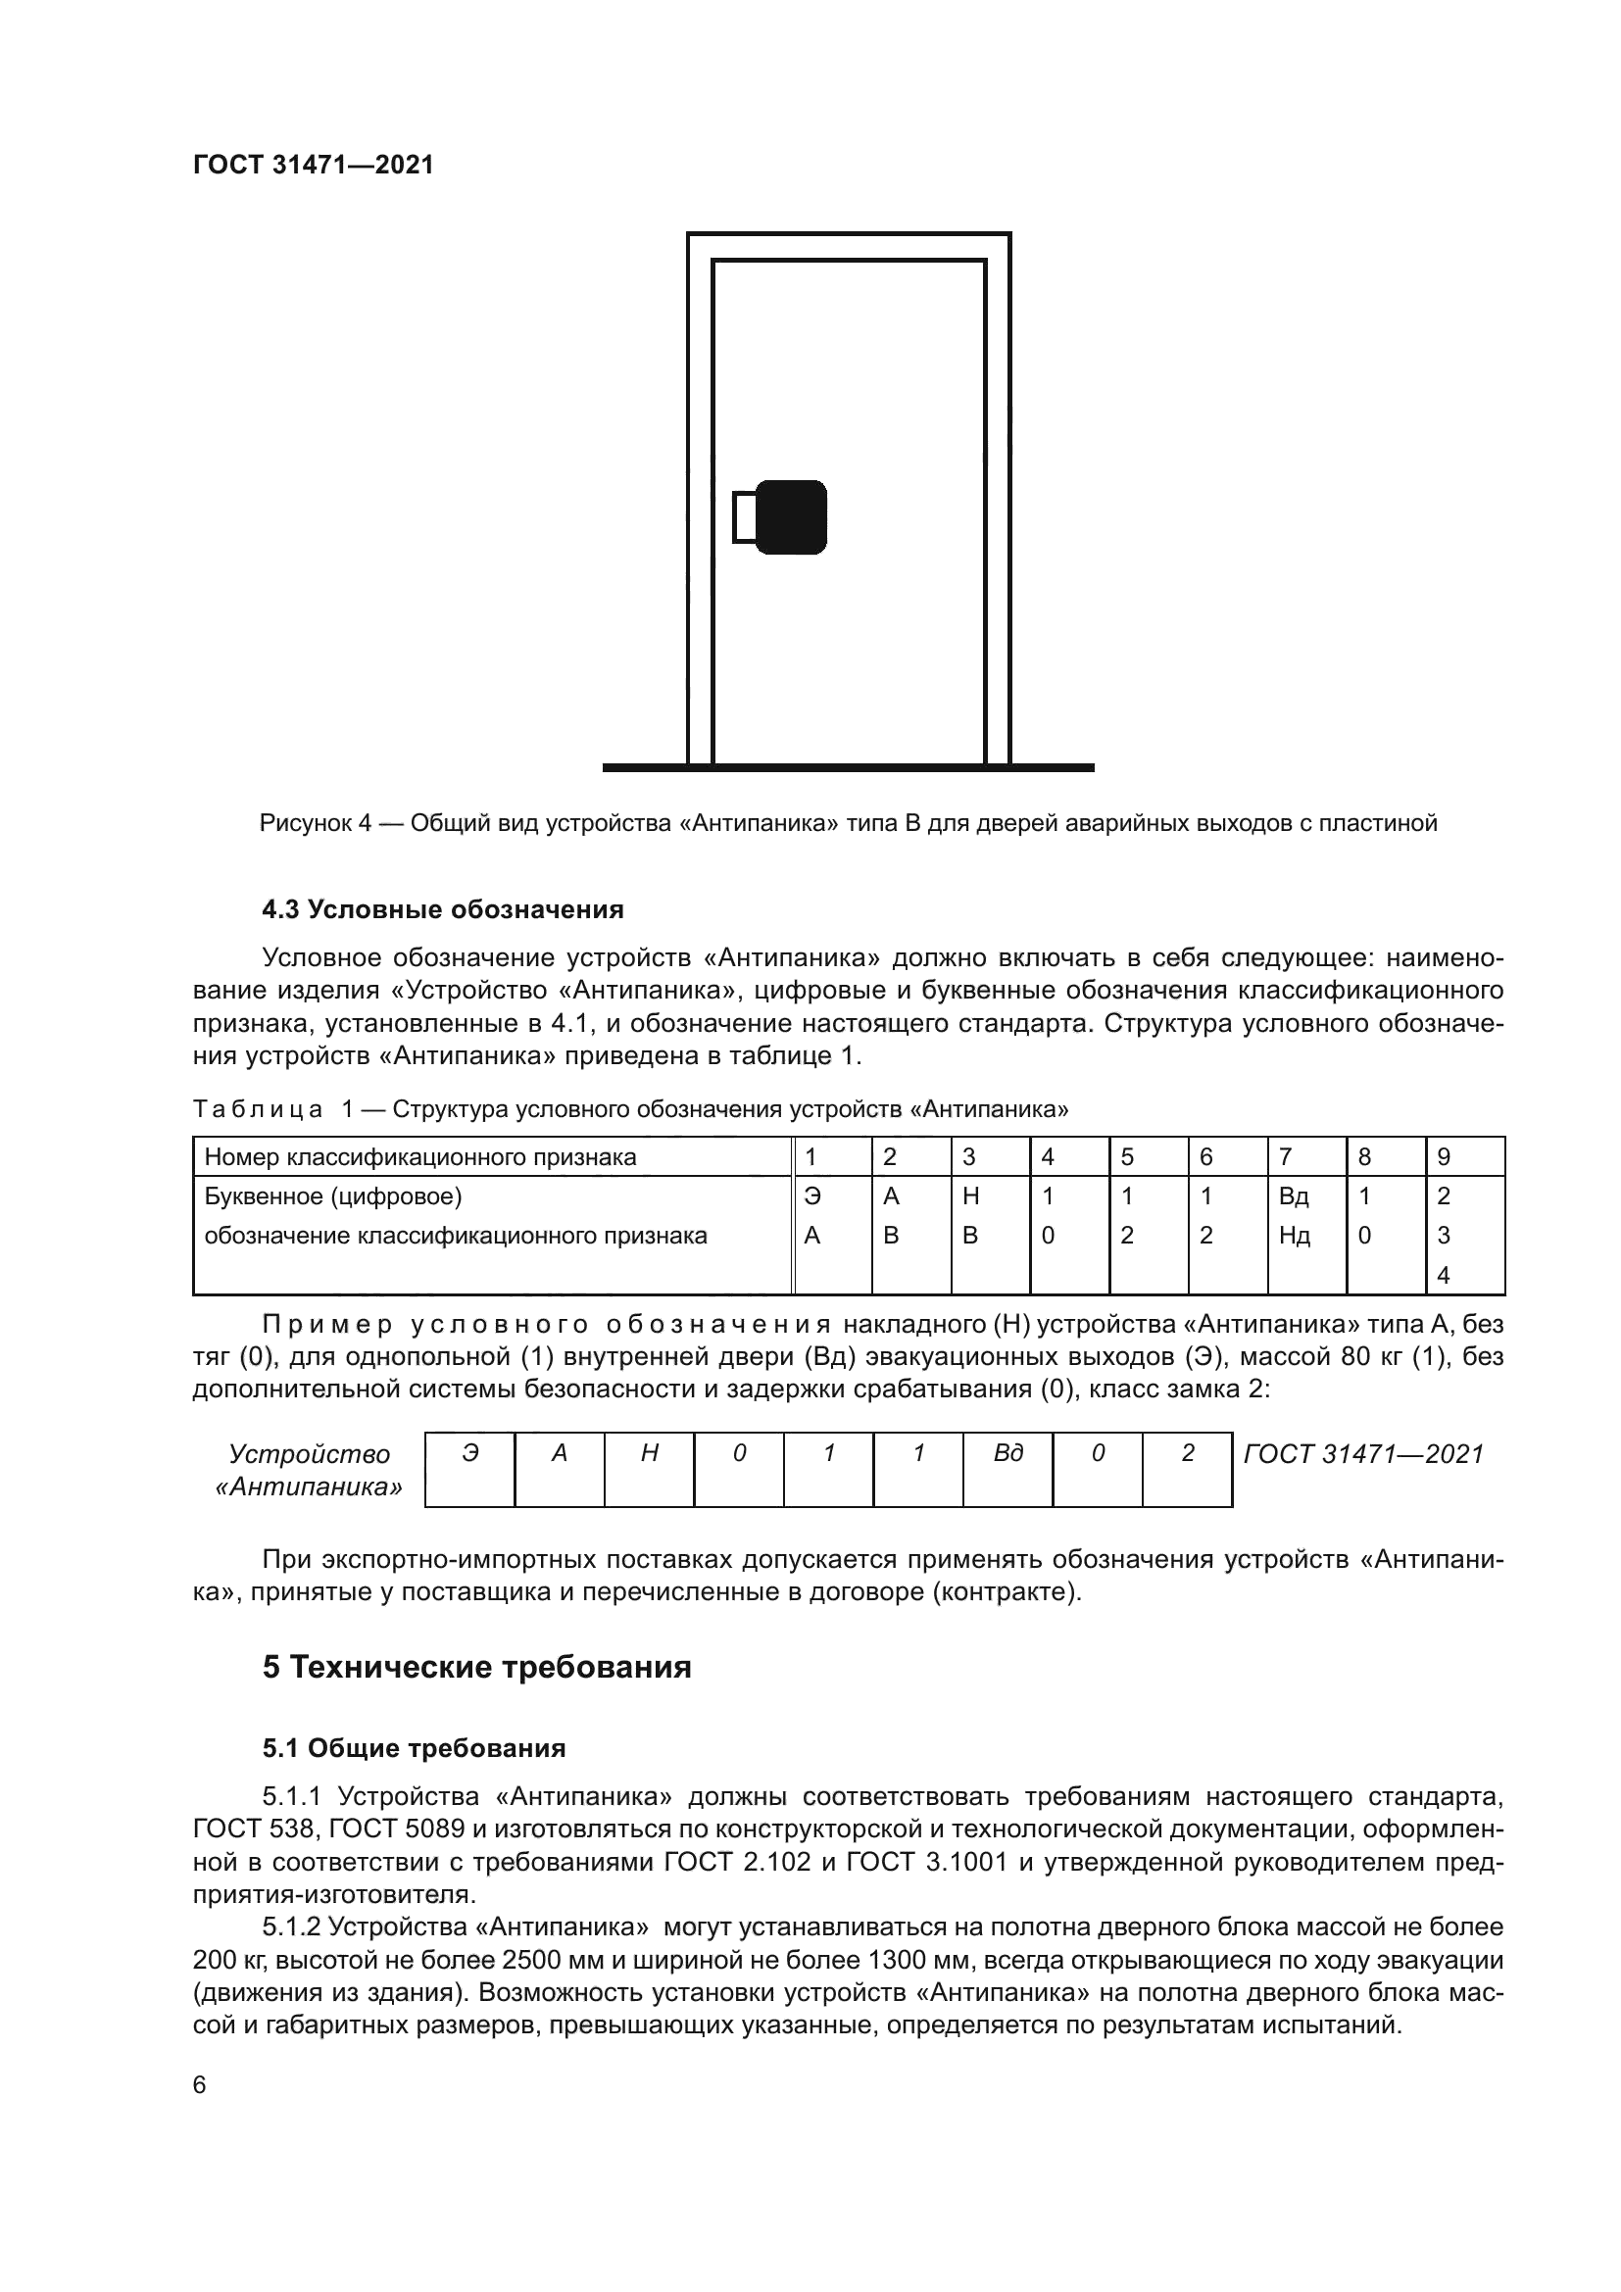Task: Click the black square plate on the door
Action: coord(791,517)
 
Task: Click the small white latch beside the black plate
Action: coord(744,517)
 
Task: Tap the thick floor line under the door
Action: coord(849,767)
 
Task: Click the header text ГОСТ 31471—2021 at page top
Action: coord(314,165)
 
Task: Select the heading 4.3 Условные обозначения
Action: coord(442,909)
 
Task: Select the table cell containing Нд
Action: coord(1294,1236)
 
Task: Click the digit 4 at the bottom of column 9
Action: coord(1443,1275)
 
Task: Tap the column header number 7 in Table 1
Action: coord(1285,1157)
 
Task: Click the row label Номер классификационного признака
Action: coord(420,1157)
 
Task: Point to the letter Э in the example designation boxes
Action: coord(470,1453)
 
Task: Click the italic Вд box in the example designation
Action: coord(1007,1453)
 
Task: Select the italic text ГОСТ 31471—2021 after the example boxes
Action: coord(1363,1454)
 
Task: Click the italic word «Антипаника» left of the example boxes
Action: coord(310,1487)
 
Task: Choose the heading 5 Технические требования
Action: coord(476,1667)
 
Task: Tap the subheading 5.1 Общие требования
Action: coord(414,1748)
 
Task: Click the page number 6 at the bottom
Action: coord(200,2085)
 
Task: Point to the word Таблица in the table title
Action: coord(258,1109)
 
